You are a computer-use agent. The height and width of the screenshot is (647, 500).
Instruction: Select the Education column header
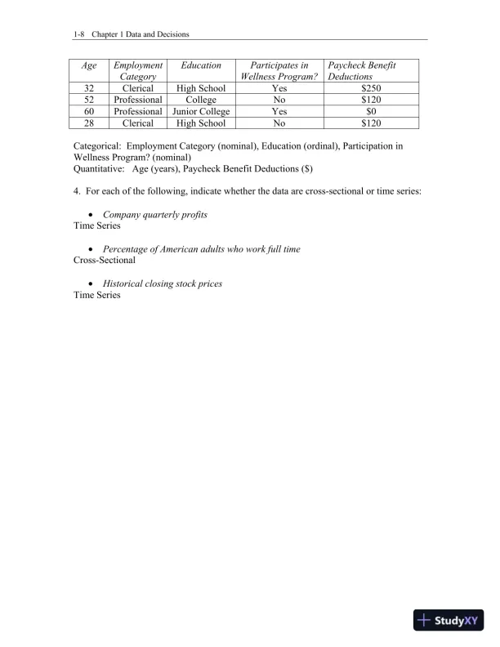pos(201,65)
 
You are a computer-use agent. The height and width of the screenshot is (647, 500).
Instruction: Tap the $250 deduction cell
pos(372,87)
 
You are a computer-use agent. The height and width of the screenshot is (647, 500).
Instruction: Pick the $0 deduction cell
pos(372,111)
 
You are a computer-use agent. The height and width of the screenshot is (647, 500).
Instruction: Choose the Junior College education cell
pos(201,111)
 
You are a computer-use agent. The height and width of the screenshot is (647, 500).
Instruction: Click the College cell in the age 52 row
pos(201,100)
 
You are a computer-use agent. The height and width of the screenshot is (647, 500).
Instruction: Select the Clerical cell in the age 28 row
pos(138,123)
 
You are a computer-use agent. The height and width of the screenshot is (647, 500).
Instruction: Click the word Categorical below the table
pos(97,145)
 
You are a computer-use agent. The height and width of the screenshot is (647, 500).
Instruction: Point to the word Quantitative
pos(99,168)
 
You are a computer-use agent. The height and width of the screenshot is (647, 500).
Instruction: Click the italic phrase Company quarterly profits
pos(155,214)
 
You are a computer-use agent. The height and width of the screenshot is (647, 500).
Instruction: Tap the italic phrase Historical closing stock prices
pos(163,283)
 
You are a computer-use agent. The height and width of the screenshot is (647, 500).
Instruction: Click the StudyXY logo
pos(449,621)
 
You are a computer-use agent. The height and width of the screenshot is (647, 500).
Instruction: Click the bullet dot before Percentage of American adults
pos(89,249)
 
